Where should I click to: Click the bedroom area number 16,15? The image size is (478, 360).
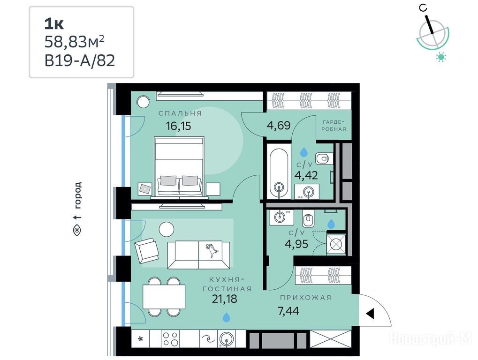pyautogui.click(x=178, y=126)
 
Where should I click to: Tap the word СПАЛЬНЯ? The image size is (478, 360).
pyautogui.click(x=180, y=113)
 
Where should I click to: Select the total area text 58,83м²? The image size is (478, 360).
pyautogui.click(x=75, y=42)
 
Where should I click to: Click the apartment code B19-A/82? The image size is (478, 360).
pyautogui.click(x=80, y=60)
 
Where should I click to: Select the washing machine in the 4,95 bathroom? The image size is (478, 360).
pyautogui.click(x=336, y=244)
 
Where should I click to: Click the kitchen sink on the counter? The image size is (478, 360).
pyautogui.click(x=227, y=339)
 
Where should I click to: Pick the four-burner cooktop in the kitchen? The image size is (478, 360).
pyautogui.click(x=170, y=339)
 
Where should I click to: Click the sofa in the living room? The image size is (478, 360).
pyautogui.click(x=198, y=255)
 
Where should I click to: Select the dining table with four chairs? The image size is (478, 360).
pyautogui.click(x=164, y=297)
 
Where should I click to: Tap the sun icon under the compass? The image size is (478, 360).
pyautogui.click(x=441, y=57)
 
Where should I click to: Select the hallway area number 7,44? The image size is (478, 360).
pyautogui.click(x=288, y=311)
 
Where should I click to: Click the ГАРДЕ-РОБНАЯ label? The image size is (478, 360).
pyautogui.click(x=334, y=126)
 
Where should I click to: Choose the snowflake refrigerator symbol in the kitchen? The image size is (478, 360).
pyautogui.click(x=141, y=339)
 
